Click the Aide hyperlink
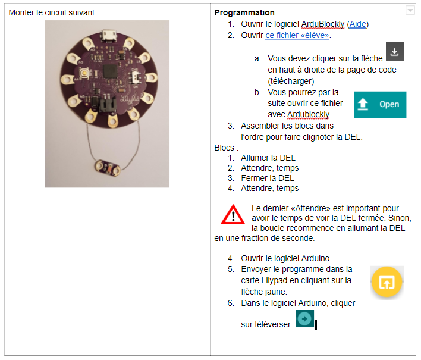click(357, 24)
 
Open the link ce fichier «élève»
click(297, 36)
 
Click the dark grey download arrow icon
click(395, 52)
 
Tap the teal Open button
click(380, 105)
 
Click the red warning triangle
click(233, 215)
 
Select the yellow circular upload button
click(387, 282)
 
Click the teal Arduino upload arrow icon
click(304, 319)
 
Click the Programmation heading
click(244, 12)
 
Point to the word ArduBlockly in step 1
click(322, 24)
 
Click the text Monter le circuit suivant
click(52, 12)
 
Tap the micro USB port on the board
click(109, 36)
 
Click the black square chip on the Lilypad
click(110, 71)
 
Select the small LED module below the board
click(108, 168)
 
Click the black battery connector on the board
click(108, 105)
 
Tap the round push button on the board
click(85, 73)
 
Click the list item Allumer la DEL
click(268, 158)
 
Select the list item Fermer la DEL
click(268, 178)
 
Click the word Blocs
click(224, 148)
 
